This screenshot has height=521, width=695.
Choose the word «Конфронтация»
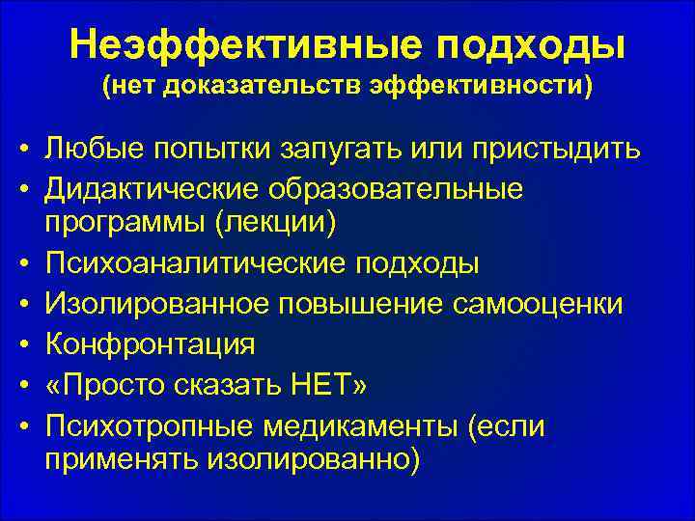149,343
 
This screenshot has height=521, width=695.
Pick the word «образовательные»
399,189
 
